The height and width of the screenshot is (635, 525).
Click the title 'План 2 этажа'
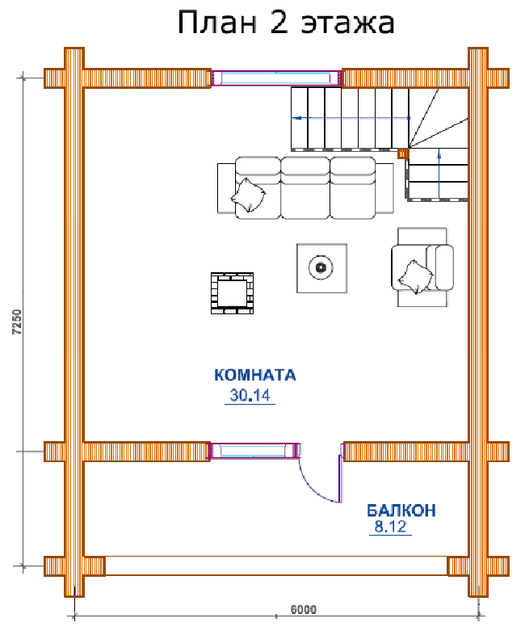point(286,23)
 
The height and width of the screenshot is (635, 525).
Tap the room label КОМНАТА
point(255,375)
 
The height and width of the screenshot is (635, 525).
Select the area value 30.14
point(250,395)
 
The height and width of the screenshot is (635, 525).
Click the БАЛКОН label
point(401,511)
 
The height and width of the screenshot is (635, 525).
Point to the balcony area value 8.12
point(390,527)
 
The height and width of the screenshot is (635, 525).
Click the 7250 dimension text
point(18,322)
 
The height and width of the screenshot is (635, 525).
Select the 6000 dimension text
point(304,609)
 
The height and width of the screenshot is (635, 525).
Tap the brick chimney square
point(233,293)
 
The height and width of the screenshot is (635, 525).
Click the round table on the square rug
point(321,267)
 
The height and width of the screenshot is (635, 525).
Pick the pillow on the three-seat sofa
point(248,196)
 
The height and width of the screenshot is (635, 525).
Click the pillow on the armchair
point(416,277)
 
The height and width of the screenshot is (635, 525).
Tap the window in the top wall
point(276,78)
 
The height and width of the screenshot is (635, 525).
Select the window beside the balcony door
point(254,451)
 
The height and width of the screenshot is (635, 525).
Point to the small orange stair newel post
point(403,153)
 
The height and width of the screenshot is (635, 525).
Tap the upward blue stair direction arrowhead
point(439,153)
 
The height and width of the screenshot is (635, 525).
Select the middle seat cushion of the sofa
point(305,188)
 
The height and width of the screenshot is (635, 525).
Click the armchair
point(422,267)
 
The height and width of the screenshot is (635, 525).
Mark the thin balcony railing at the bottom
point(276,566)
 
